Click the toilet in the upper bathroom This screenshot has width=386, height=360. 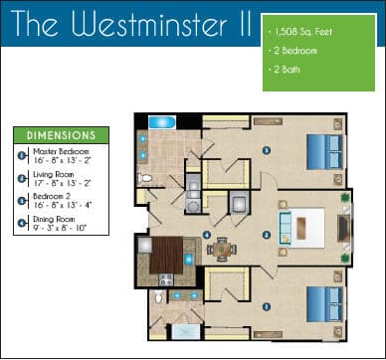coord(145,179)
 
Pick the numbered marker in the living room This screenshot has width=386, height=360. coord(267,235)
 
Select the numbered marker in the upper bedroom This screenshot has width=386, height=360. coord(266,151)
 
